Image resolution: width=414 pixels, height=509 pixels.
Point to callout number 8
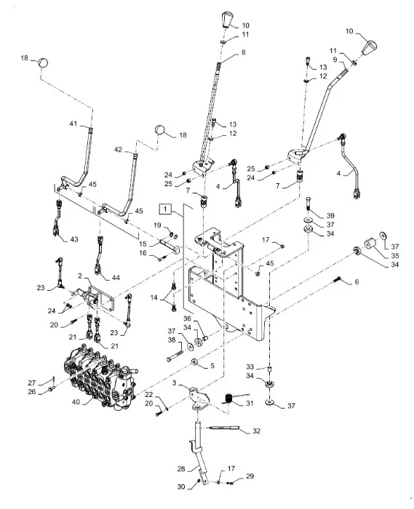[243, 53]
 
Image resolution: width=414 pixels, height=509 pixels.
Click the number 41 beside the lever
[73, 125]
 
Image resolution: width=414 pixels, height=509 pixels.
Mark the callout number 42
[118, 151]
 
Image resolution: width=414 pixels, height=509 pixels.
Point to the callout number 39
[330, 216]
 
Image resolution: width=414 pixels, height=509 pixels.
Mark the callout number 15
[143, 244]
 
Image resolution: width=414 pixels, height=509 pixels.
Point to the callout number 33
[249, 366]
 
